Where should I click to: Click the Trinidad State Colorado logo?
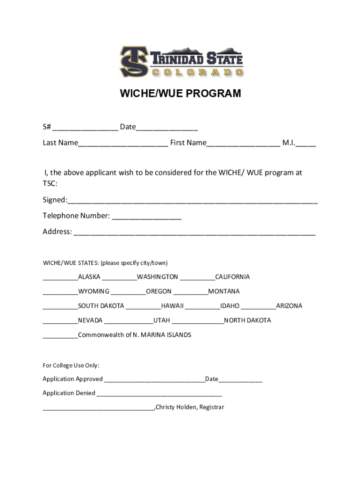click(x=181, y=61)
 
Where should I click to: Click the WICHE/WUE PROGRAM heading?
click(x=180, y=94)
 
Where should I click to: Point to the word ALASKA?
click(x=89, y=277)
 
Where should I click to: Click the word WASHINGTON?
click(x=158, y=277)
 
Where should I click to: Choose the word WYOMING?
click(x=94, y=291)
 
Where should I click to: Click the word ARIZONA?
click(x=289, y=306)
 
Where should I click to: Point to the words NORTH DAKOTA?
click(x=247, y=320)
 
